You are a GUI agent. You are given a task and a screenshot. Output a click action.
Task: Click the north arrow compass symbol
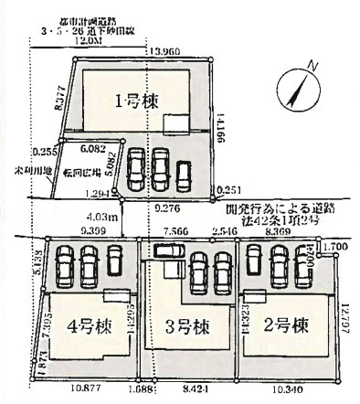coord(298,87)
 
